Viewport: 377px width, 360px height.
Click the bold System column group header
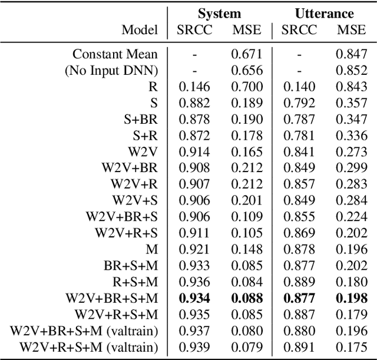[x=219, y=14]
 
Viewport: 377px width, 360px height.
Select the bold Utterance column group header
[x=325, y=14]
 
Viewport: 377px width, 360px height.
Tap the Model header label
[x=140, y=29]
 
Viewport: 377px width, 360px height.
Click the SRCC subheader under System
[x=194, y=29]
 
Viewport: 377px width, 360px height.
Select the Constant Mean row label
[x=115, y=54]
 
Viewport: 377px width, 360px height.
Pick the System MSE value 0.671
[x=245, y=54]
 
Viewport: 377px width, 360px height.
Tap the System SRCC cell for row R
[x=194, y=87]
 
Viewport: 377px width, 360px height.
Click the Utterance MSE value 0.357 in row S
[x=350, y=103]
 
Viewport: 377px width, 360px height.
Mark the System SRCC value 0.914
[x=194, y=151]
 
